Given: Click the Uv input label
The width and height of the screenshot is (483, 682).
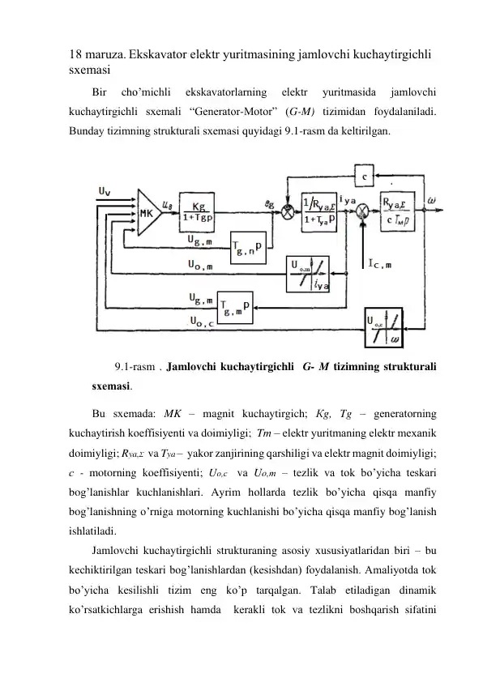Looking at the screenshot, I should tap(105, 191).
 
